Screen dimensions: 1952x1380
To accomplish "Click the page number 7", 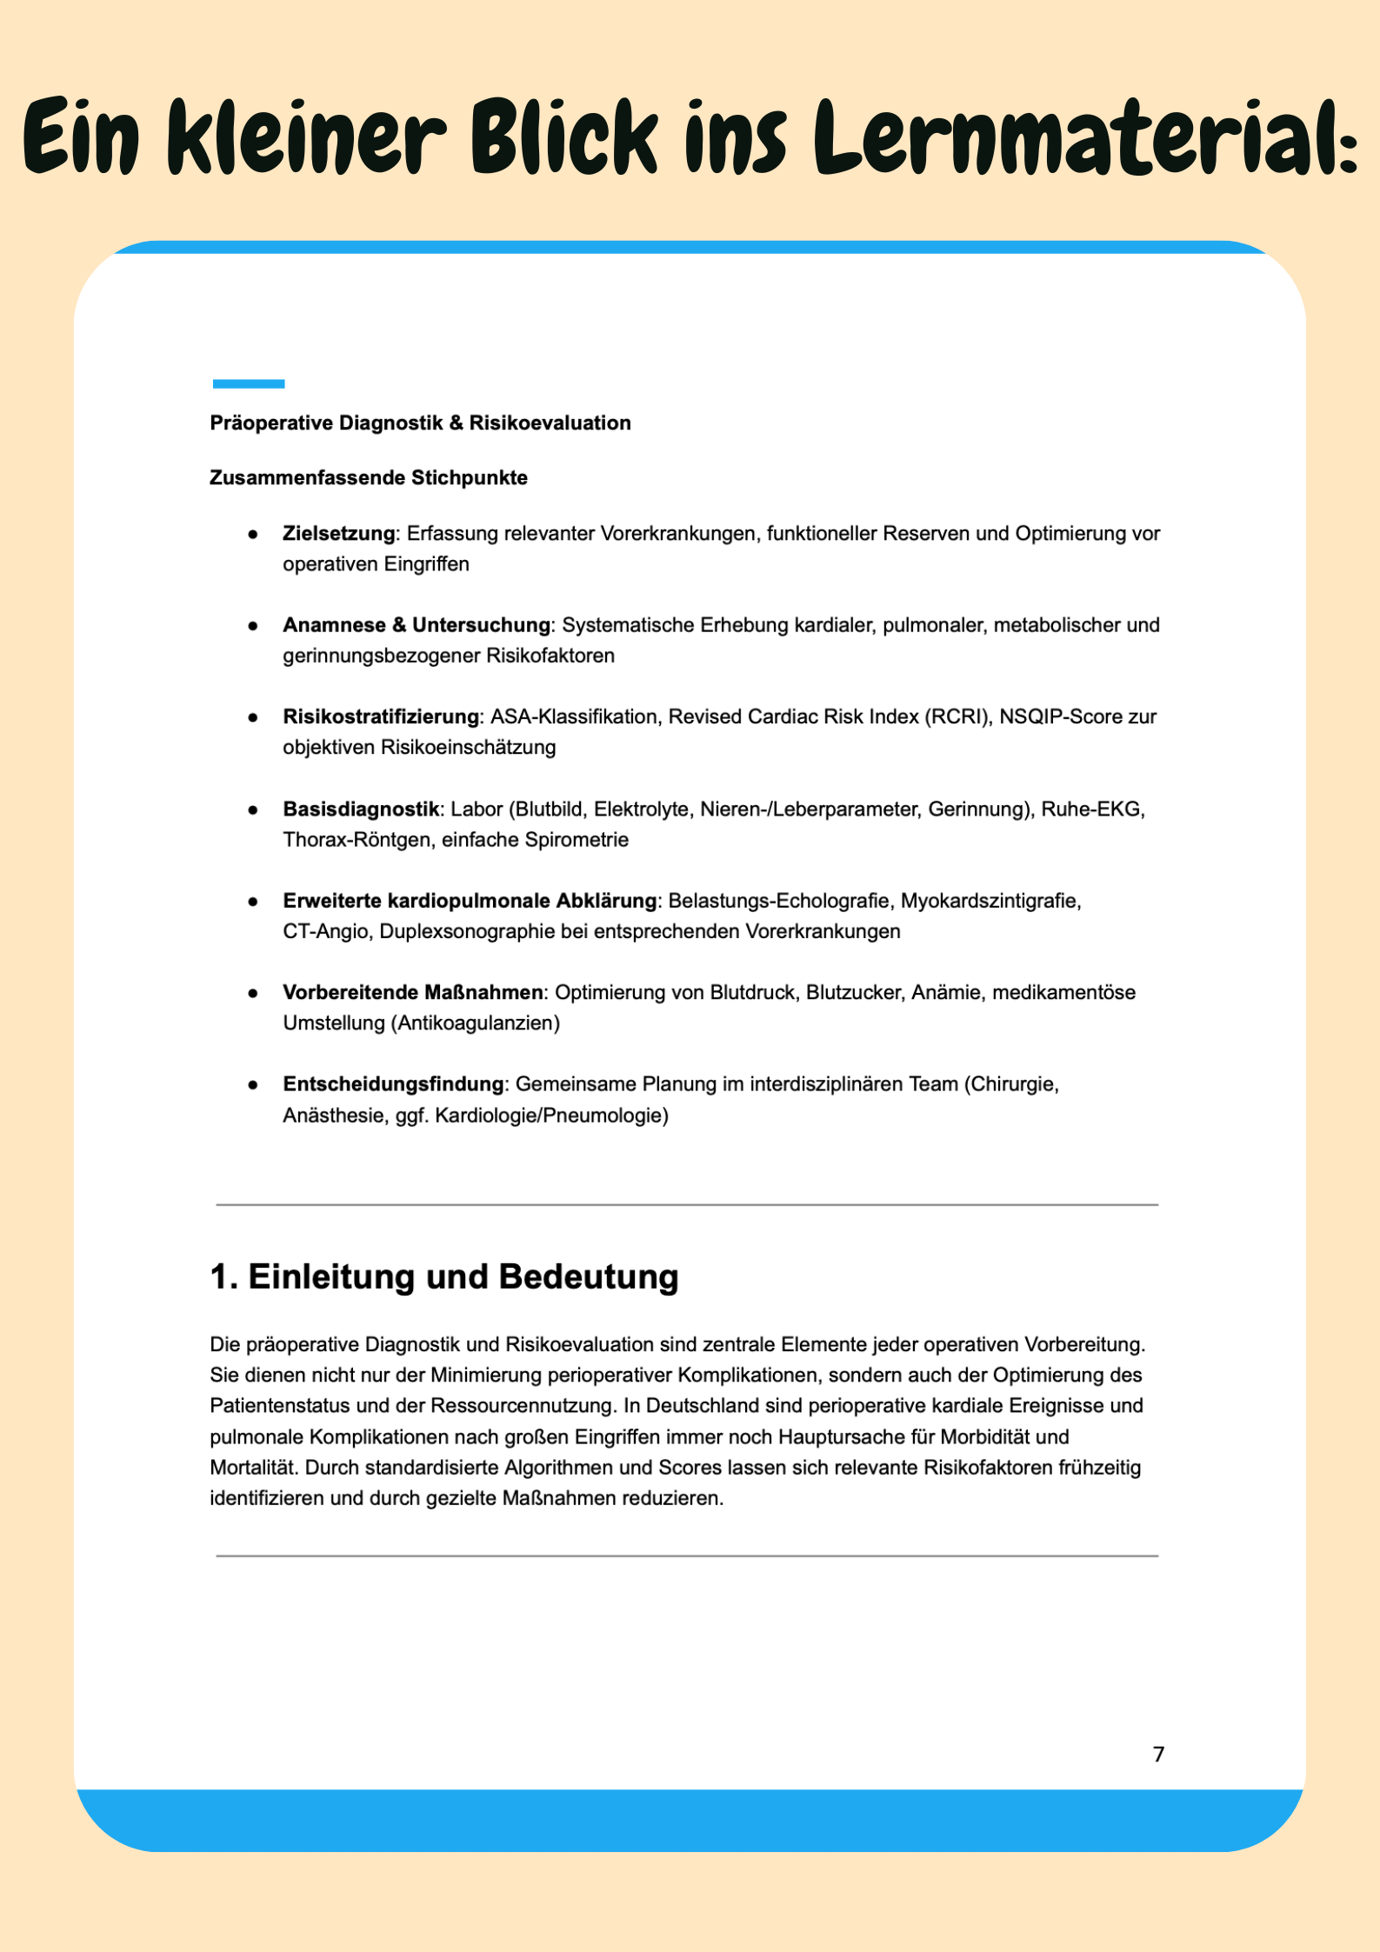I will (x=1158, y=1754).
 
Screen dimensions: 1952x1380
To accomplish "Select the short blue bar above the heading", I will (x=249, y=383).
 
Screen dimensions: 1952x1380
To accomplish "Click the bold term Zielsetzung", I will (x=338, y=534).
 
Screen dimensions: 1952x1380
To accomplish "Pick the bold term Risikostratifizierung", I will (x=381, y=717).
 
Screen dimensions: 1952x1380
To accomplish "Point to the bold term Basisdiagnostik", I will (x=361, y=809).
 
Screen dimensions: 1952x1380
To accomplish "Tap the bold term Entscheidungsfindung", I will (x=393, y=1084).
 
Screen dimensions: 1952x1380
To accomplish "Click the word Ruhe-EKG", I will (x=1092, y=809).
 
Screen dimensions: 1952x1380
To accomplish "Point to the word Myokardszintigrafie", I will (x=990, y=901).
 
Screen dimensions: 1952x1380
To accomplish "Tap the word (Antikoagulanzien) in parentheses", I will (x=475, y=1023).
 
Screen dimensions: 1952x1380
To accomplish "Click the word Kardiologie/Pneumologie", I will (x=551, y=1116).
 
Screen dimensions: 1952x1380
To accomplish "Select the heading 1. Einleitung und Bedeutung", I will (x=443, y=1277).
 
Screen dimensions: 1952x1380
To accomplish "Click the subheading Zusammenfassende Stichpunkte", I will (x=369, y=478).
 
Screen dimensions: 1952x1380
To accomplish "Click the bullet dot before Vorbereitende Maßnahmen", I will (x=253, y=993).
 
